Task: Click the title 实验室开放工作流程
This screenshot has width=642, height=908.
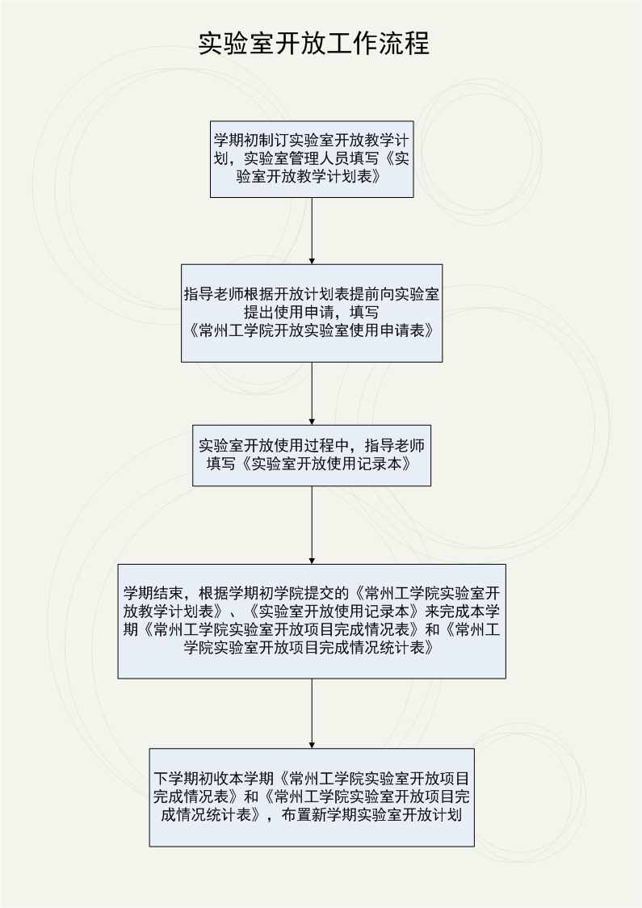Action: coord(314,44)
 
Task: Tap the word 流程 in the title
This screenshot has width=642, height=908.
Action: coord(404,44)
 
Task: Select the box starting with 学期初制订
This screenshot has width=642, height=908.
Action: coord(312,159)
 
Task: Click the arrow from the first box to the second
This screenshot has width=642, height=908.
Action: coord(312,231)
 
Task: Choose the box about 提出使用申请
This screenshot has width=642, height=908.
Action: coord(312,313)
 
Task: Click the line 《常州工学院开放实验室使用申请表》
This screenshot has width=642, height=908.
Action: coord(312,330)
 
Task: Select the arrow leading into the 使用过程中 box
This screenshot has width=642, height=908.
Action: coord(312,393)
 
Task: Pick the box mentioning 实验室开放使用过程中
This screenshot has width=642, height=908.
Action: coord(312,456)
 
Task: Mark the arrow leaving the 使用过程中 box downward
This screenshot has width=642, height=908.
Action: coord(312,525)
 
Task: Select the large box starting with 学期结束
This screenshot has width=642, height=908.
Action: coord(312,621)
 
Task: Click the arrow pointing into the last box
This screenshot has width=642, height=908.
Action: coord(312,713)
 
